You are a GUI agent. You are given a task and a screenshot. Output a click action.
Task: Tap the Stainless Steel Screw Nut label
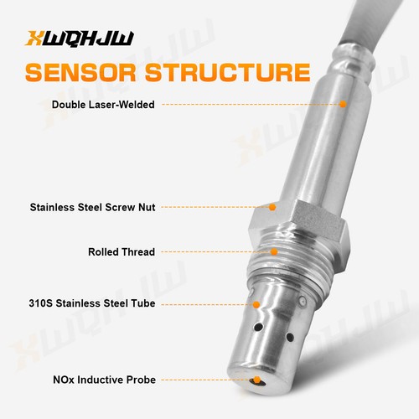(x=92, y=206)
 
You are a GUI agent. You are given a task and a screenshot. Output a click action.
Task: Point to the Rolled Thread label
(x=121, y=251)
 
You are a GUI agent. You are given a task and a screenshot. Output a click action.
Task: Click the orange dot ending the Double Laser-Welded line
(x=343, y=105)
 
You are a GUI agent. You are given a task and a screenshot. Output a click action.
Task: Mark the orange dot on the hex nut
(x=273, y=206)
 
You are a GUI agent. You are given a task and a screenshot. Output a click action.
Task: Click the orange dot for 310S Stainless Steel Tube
(x=256, y=303)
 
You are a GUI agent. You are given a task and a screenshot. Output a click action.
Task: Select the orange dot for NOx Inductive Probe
(x=256, y=380)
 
